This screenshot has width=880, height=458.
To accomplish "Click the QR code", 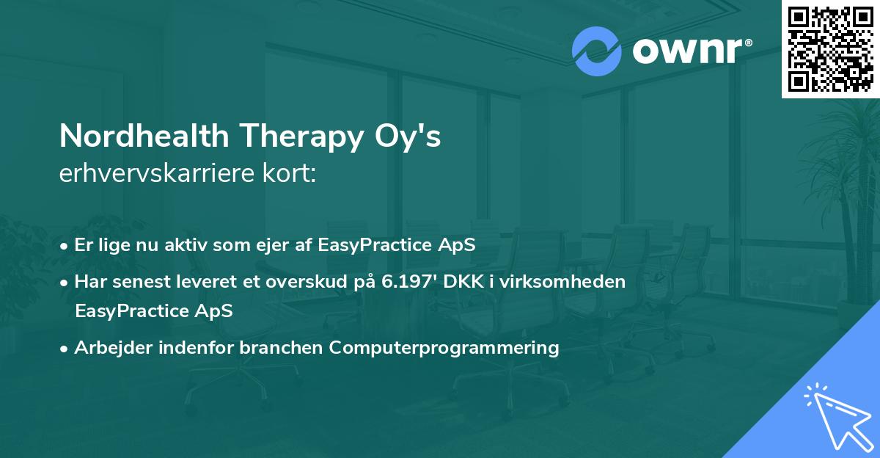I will tap(829, 49).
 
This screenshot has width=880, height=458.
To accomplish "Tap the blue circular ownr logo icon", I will tap(597, 51).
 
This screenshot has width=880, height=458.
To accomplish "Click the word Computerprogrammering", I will tap(444, 347).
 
